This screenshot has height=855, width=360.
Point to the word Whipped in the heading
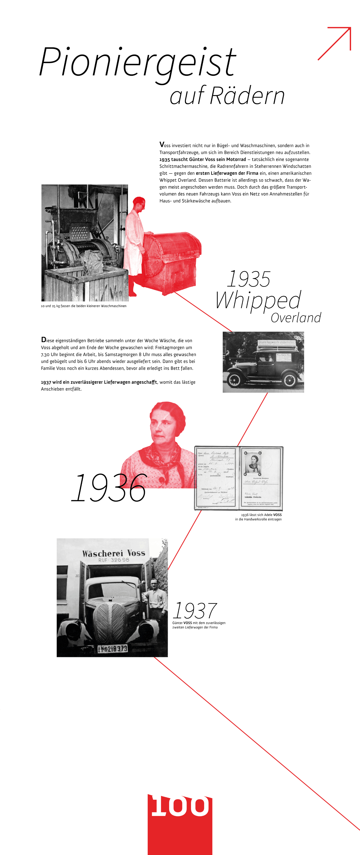pos(258,300)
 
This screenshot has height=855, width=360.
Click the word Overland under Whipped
pos(296,318)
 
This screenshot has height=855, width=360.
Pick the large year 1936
pos(109,488)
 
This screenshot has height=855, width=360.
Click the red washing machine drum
pos(171,252)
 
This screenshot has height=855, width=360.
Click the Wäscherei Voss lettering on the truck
pos(114,553)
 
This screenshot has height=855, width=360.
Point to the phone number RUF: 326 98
pos(114,560)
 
